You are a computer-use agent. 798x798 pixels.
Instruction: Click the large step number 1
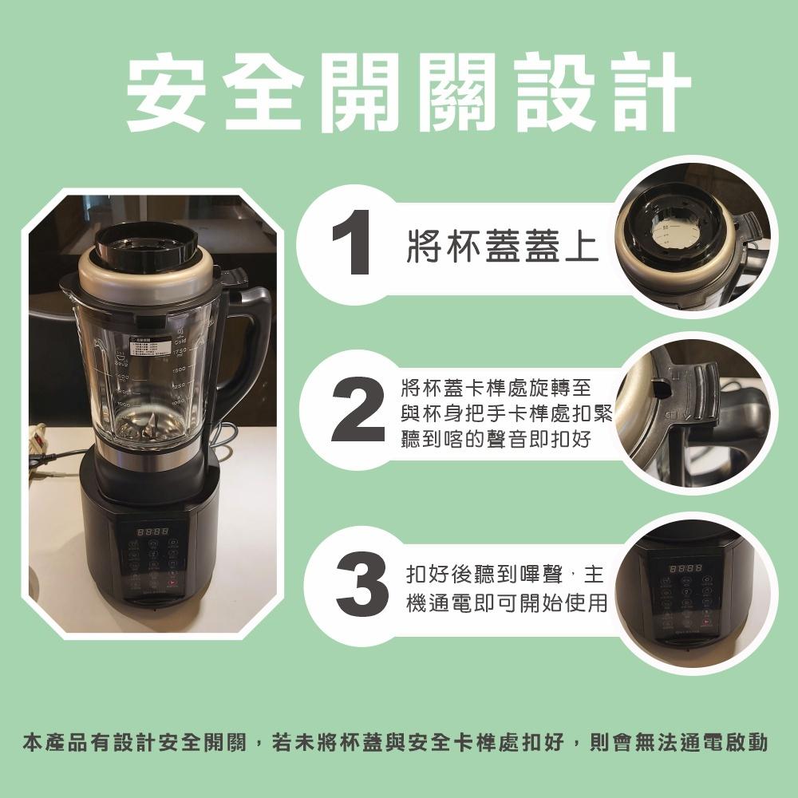(x=352, y=242)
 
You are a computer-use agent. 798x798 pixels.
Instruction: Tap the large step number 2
(x=358, y=409)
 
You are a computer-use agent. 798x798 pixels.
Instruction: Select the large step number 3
(x=362, y=584)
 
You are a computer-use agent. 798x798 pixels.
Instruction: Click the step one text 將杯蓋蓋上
(x=503, y=247)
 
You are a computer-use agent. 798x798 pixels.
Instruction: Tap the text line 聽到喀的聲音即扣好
(x=496, y=439)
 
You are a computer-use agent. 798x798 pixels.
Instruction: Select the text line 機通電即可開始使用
(x=507, y=603)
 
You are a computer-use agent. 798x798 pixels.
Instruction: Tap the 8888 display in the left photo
(x=152, y=531)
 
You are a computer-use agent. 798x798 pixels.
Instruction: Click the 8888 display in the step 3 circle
(x=685, y=568)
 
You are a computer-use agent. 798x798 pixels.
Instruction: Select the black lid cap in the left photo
(x=147, y=247)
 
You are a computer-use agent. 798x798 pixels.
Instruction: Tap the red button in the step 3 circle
(x=705, y=622)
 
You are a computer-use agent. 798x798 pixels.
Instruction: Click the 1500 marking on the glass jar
(x=179, y=369)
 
